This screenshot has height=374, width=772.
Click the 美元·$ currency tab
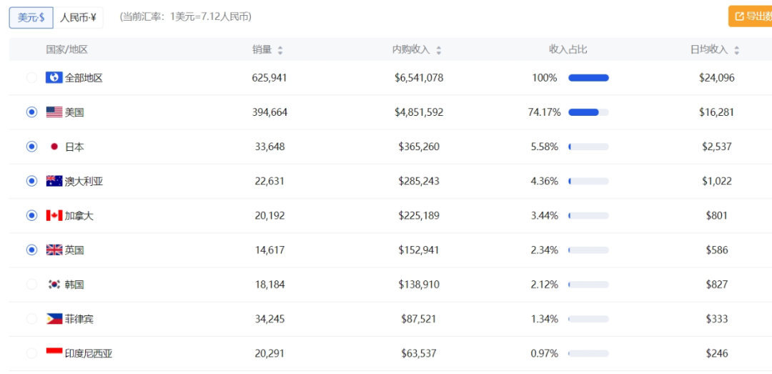(31, 18)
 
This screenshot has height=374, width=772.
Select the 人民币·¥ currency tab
(78, 18)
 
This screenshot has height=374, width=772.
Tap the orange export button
(750, 16)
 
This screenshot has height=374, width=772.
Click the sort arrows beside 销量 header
(280, 50)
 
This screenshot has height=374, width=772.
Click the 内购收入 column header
(410, 50)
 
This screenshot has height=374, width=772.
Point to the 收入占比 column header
(568, 50)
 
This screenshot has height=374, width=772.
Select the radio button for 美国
(31, 112)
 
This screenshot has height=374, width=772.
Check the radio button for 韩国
(31, 285)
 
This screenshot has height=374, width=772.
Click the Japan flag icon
(54, 147)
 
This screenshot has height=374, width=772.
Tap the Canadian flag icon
(54, 215)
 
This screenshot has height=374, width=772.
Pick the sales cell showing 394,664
(269, 112)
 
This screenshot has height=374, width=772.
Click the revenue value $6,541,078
(418, 78)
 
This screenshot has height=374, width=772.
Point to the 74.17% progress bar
(588, 112)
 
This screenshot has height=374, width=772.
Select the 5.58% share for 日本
(544, 147)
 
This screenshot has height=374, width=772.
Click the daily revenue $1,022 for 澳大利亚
(717, 182)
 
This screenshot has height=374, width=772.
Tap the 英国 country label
(74, 250)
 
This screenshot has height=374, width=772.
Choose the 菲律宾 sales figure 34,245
(269, 320)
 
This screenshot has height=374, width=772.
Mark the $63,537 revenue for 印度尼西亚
(418, 354)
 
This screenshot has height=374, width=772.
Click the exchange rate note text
(186, 17)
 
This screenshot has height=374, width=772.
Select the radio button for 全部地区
(31, 78)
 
